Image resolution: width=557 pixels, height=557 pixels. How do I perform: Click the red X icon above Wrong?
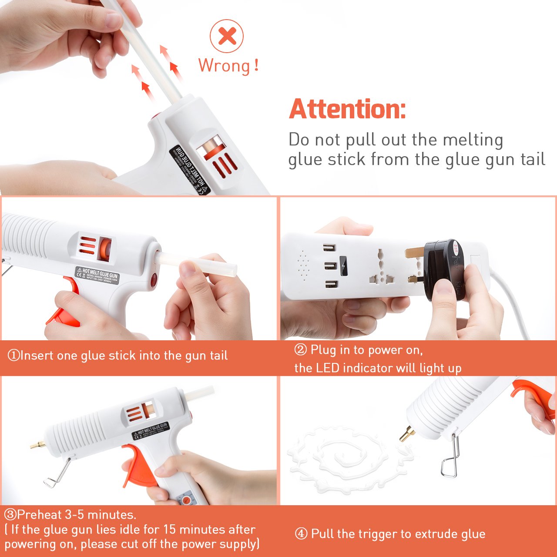[227, 36]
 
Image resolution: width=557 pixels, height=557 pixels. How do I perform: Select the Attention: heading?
[347, 109]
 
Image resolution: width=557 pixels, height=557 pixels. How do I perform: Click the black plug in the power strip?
[444, 270]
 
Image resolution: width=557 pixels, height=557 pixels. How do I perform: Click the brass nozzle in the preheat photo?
[37, 445]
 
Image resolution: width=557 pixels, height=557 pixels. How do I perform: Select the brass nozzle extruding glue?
[407, 434]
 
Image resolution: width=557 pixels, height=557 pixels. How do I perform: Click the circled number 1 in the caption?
[13, 356]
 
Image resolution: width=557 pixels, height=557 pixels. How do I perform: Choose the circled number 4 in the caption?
[301, 534]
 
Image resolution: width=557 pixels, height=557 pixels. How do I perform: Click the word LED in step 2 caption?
[327, 368]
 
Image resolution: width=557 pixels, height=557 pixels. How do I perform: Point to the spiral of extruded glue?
[348, 457]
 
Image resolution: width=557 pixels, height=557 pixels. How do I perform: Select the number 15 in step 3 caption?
[170, 530]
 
